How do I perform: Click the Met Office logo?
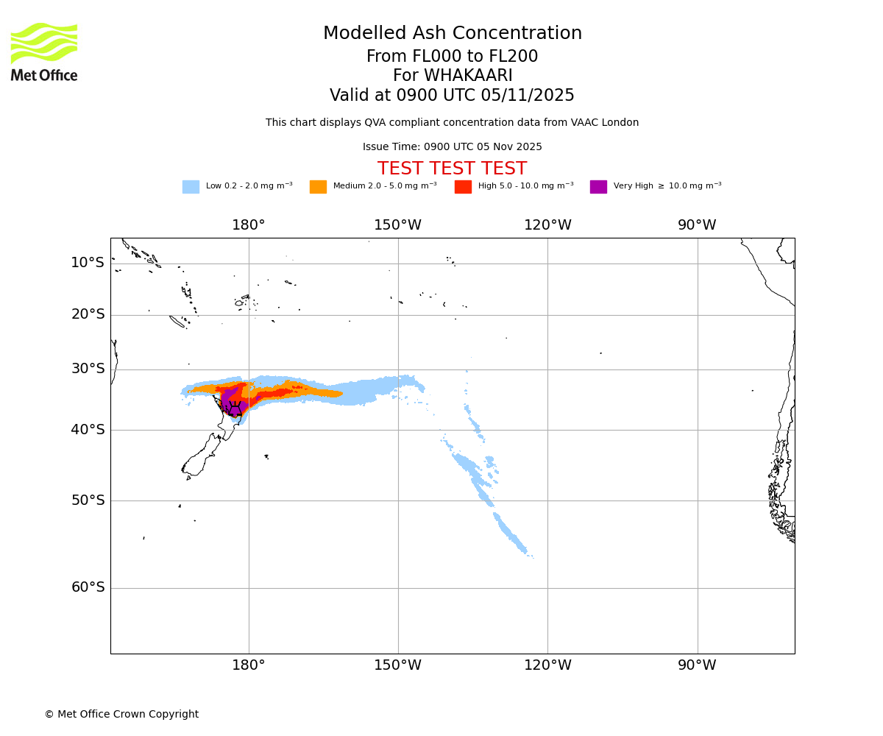(44, 52)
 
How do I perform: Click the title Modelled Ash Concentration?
(452, 34)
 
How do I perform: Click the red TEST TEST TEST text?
(452, 169)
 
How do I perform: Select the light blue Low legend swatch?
(191, 187)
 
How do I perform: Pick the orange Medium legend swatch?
(318, 187)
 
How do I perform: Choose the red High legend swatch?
(463, 187)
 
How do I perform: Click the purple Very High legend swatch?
(598, 187)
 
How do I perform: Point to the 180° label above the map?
(249, 225)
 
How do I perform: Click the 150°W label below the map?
(398, 665)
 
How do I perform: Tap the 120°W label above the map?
(547, 225)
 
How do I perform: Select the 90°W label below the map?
(697, 665)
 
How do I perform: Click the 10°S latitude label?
(88, 263)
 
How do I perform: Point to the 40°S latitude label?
(88, 430)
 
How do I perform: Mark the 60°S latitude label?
(88, 587)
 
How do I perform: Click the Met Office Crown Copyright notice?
(121, 714)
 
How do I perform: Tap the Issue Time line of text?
(452, 147)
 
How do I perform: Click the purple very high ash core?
(230, 400)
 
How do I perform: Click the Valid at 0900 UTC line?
(452, 96)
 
